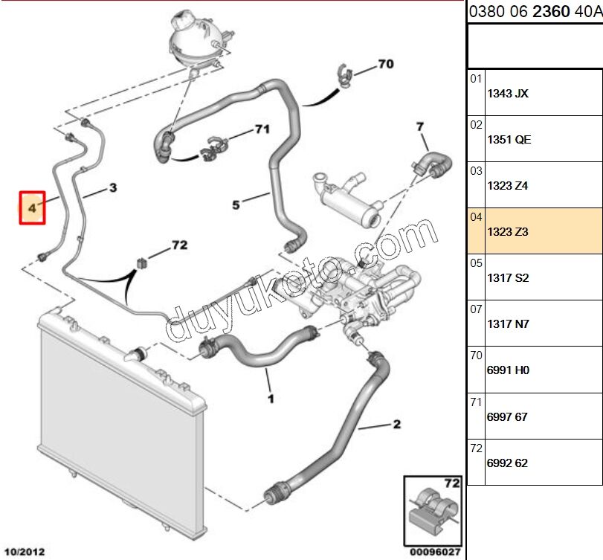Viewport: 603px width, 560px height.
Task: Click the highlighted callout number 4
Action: (32, 209)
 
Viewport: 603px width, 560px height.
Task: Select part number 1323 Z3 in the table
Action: (508, 232)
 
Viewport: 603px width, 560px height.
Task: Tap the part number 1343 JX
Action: (508, 94)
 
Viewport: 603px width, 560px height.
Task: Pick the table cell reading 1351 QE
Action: (509, 140)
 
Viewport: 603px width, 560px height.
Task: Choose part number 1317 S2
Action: (508, 278)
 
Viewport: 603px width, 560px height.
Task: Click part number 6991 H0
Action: (508, 370)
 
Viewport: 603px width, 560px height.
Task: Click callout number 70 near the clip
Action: (385, 64)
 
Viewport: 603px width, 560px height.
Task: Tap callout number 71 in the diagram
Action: (261, 129)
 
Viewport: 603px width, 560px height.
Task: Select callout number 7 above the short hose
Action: (419, 126)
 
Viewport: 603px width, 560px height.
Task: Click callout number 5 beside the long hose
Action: (236, 205)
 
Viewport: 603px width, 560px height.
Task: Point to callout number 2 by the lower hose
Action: (396, 425)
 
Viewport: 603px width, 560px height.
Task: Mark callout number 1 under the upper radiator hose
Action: (271, 399)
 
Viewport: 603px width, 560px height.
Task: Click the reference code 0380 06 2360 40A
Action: (534, 12)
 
